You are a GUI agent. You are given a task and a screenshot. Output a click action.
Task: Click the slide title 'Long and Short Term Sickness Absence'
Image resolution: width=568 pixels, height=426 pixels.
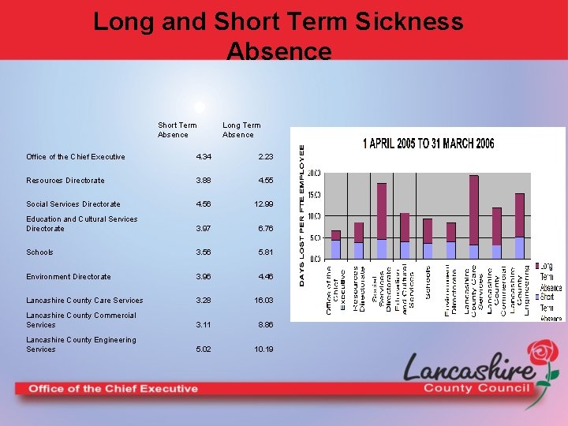(x=278, y=35)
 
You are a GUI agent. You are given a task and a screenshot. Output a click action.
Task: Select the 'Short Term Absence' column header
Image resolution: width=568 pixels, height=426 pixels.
(x=177, y=129)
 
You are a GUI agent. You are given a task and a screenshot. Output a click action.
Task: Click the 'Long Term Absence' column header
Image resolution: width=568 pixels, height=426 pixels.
(x=241, y=129)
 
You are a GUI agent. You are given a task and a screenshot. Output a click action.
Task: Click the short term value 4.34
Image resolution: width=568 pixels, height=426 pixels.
(x=204, y=157)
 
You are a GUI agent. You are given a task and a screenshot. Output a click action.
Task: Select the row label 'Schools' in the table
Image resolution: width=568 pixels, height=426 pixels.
(x=39, y=252)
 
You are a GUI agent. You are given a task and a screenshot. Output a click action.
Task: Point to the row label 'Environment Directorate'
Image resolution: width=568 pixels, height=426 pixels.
(x=68, y=277)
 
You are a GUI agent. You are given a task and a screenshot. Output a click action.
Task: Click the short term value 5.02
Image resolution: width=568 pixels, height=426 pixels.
(x=204, y=349)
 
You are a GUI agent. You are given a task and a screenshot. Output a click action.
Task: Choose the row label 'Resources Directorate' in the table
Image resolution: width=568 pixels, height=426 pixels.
(x=65, y=181)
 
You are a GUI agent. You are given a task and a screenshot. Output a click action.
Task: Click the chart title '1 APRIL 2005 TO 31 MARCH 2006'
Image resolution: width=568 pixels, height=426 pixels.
(x=428, y=144)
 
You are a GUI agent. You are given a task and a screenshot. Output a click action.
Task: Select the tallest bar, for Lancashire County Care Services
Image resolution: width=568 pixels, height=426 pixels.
(x=473, y=217)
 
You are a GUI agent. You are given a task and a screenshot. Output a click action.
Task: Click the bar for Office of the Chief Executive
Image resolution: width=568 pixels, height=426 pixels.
(x=336, y=245)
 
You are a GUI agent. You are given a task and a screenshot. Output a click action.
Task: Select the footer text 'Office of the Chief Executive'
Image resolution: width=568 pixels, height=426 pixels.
(x=114, y=388)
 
